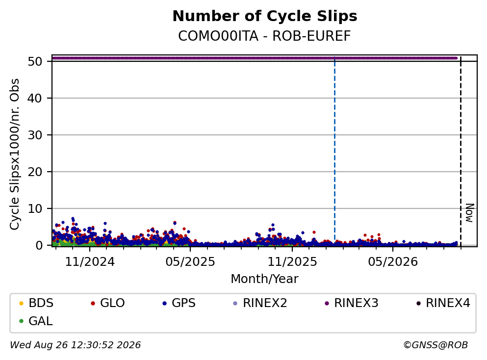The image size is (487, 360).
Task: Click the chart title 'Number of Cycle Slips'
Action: point(265,16)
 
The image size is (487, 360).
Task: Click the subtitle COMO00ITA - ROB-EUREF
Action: point(264,36)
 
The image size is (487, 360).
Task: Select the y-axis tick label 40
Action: point(35,98)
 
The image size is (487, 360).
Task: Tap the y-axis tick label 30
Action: point(35,135)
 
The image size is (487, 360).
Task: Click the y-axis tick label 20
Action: point(35,172)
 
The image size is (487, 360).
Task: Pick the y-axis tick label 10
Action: point(35,209)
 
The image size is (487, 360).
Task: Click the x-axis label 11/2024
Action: point(90,262)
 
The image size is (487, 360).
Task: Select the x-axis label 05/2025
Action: point(190,262)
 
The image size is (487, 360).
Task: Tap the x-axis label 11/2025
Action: point(292,262)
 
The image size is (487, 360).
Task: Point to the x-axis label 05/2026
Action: point(393,262)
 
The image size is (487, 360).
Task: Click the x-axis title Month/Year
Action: point(264,279)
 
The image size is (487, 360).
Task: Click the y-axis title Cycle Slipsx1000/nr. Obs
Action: point(14,154)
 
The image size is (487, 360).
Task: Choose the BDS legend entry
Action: point(36,303)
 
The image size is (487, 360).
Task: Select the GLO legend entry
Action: point(107,303)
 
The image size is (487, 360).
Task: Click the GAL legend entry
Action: point(36,321)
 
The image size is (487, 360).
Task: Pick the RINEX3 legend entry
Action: point(351,303)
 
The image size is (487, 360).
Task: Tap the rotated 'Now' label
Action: point(470,213)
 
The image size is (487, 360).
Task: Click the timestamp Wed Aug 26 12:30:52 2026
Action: point(76,345)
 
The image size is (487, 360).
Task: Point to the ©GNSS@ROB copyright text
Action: point(436,345)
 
